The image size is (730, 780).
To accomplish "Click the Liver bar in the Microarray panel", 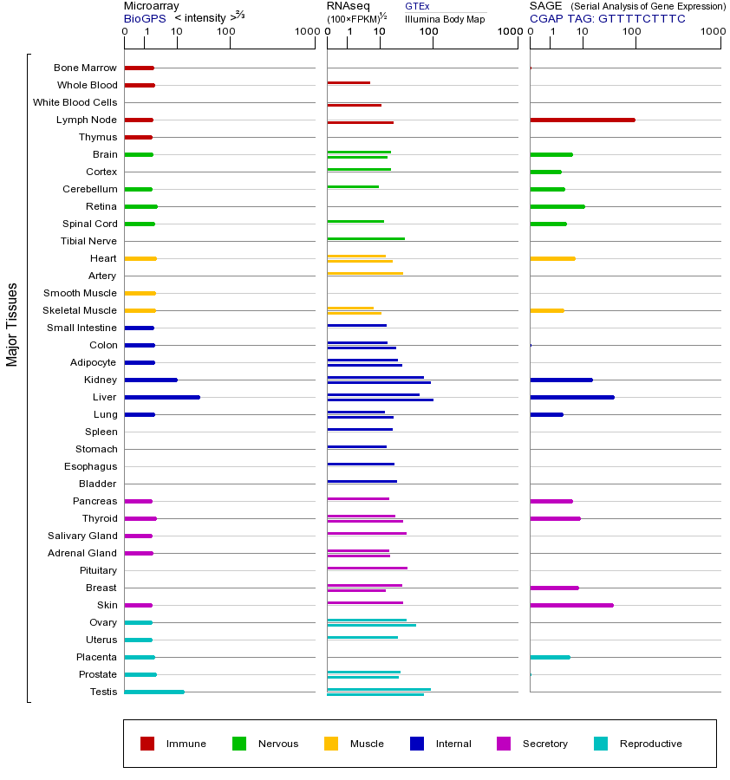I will click(162, 397).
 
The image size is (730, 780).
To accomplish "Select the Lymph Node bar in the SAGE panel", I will click(582, 120).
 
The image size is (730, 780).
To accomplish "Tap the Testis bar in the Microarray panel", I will click(154, 692).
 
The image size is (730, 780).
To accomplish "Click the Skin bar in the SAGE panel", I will click(571, 605).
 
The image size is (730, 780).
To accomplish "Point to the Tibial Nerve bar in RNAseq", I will click(366, 238).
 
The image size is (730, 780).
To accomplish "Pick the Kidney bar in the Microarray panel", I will click(151, 380).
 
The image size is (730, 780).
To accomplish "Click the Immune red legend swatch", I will click(147, 744).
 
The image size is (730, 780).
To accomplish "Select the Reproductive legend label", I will click(650, 744).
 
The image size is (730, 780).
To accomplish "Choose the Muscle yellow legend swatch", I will click(331, 744).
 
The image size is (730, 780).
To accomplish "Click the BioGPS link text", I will click(144, 17).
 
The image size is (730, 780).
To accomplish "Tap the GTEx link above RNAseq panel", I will click(417, 6).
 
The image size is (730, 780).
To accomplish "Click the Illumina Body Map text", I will click(445, 18).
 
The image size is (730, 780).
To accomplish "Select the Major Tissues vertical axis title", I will click(12, 323).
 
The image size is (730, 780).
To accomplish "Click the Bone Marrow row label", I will click(85, 68).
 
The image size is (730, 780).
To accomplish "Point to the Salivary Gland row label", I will click(82, 536).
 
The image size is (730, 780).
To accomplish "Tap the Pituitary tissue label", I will click(98, 570).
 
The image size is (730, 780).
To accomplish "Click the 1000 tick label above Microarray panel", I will click(305, 33).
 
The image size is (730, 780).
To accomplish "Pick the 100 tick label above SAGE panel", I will click(632, 33).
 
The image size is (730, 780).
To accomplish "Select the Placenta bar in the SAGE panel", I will click(550, 657).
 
